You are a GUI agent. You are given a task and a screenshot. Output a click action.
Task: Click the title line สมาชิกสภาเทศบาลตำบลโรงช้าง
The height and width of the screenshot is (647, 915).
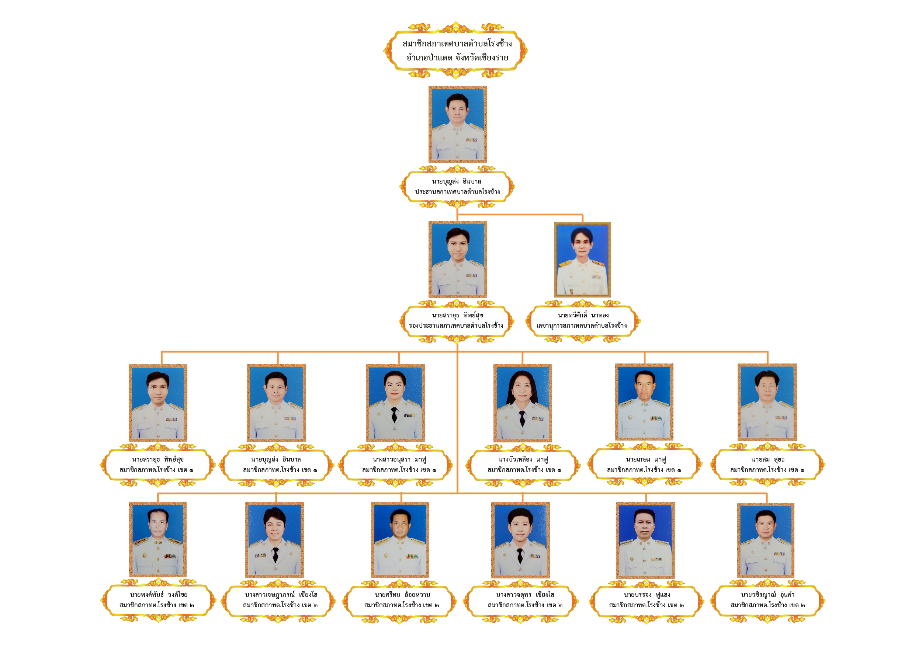coord(457,44)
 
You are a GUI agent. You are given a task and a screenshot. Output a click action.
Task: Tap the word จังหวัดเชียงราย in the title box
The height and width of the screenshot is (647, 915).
coord(482,58)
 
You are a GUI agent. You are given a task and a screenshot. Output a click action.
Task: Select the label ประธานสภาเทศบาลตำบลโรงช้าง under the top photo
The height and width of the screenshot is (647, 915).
coord(457,192)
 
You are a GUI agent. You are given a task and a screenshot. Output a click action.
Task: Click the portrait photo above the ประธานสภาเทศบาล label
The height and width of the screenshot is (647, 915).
coord(457,124)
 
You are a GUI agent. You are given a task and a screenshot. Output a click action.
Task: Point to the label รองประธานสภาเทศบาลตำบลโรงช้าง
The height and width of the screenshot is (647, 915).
coord(456,326)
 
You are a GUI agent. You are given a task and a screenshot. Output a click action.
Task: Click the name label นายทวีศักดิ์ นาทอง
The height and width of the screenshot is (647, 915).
coord(583,315)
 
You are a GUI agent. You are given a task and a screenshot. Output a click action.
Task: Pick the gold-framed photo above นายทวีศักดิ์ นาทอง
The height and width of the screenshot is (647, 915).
coord(582,260)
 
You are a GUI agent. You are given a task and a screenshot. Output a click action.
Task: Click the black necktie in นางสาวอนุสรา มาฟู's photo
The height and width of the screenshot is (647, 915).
coord(394,415)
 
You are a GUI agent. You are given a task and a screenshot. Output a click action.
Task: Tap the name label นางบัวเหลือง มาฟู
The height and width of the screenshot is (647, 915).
coord(523,460)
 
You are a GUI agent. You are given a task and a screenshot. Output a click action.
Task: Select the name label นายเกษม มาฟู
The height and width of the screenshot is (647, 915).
coord(646,460)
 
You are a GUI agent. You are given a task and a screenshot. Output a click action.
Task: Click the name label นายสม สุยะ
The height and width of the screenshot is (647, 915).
coord(768,460)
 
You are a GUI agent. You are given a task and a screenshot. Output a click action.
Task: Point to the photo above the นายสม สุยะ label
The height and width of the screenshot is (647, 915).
coord(767,402)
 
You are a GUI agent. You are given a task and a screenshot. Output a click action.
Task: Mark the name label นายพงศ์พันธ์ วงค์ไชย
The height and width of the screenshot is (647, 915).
coord(159,595)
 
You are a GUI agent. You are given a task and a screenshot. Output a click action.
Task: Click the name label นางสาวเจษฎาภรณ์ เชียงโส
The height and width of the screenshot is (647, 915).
coord(281,595)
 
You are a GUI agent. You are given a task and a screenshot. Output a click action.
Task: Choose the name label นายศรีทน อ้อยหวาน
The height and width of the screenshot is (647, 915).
coord(402,595)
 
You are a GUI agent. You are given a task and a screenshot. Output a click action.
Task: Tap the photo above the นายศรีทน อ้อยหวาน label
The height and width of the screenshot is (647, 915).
coord(400,540)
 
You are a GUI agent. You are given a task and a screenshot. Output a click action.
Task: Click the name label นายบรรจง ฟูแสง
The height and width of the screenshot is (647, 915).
coord(647,595)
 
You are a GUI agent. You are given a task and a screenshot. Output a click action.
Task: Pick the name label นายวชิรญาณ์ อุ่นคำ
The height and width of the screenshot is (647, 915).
coord(767,595)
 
